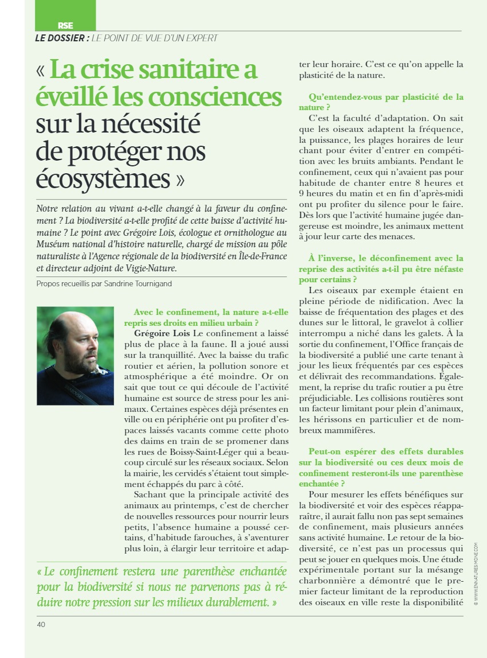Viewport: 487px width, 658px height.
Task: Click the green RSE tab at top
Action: [65, 25]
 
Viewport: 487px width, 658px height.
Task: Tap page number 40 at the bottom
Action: [41, 624]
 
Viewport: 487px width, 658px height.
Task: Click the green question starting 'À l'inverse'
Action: [381, 268]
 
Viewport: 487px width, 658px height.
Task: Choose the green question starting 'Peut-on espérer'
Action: [381, 462]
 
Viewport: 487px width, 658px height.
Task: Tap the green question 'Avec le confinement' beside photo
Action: [211, 317]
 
